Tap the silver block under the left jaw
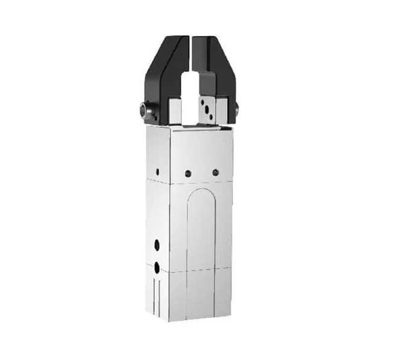click(x=175, y=109)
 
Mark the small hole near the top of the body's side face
click(x=158, y=171)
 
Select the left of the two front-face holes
click(x=188, y=173)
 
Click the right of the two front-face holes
click(x=215, y=172)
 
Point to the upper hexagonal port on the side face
click(x=157, y=245)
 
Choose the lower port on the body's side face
click(x=157, y=266)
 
